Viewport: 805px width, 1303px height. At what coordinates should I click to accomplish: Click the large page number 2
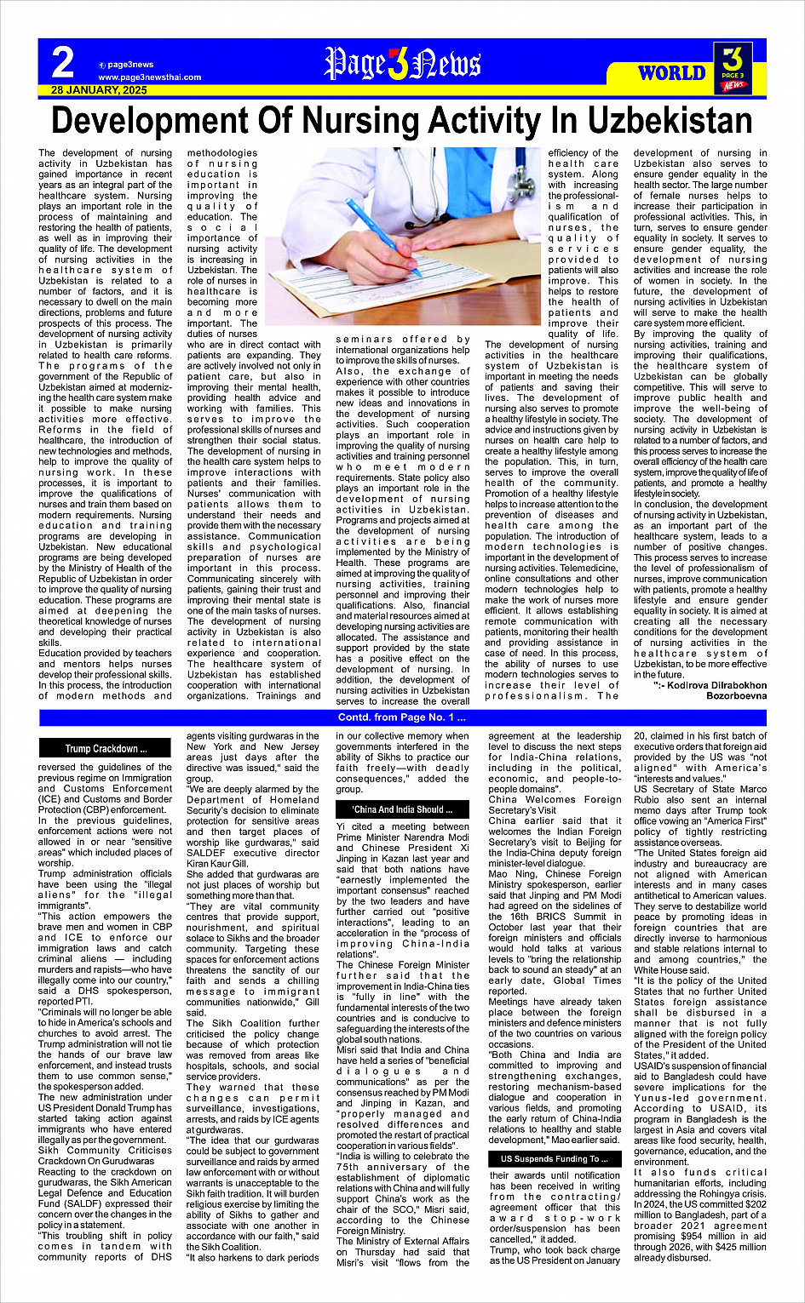click(63, 62)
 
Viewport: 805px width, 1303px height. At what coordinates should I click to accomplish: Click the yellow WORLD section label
click(671, 72)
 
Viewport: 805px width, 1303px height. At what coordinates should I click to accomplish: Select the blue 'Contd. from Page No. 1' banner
click(402, 718)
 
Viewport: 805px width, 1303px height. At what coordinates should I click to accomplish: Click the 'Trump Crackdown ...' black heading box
click(106, 749)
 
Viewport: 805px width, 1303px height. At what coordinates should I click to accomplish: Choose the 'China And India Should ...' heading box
click(402, 809)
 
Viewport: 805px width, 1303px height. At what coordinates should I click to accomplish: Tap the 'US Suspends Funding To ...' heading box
click(554, 1158)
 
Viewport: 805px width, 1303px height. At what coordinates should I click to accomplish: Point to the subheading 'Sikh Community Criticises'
click(105, 1150)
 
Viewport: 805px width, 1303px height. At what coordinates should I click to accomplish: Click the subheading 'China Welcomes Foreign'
click(555, 799)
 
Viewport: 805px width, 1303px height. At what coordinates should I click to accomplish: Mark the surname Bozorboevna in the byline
click(736, 695)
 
